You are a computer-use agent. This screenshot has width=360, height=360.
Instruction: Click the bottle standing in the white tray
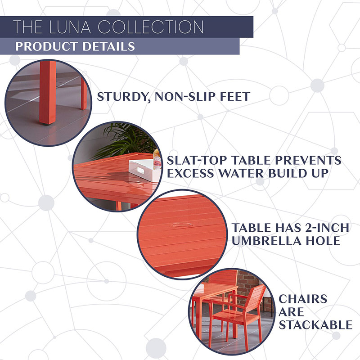156,158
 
